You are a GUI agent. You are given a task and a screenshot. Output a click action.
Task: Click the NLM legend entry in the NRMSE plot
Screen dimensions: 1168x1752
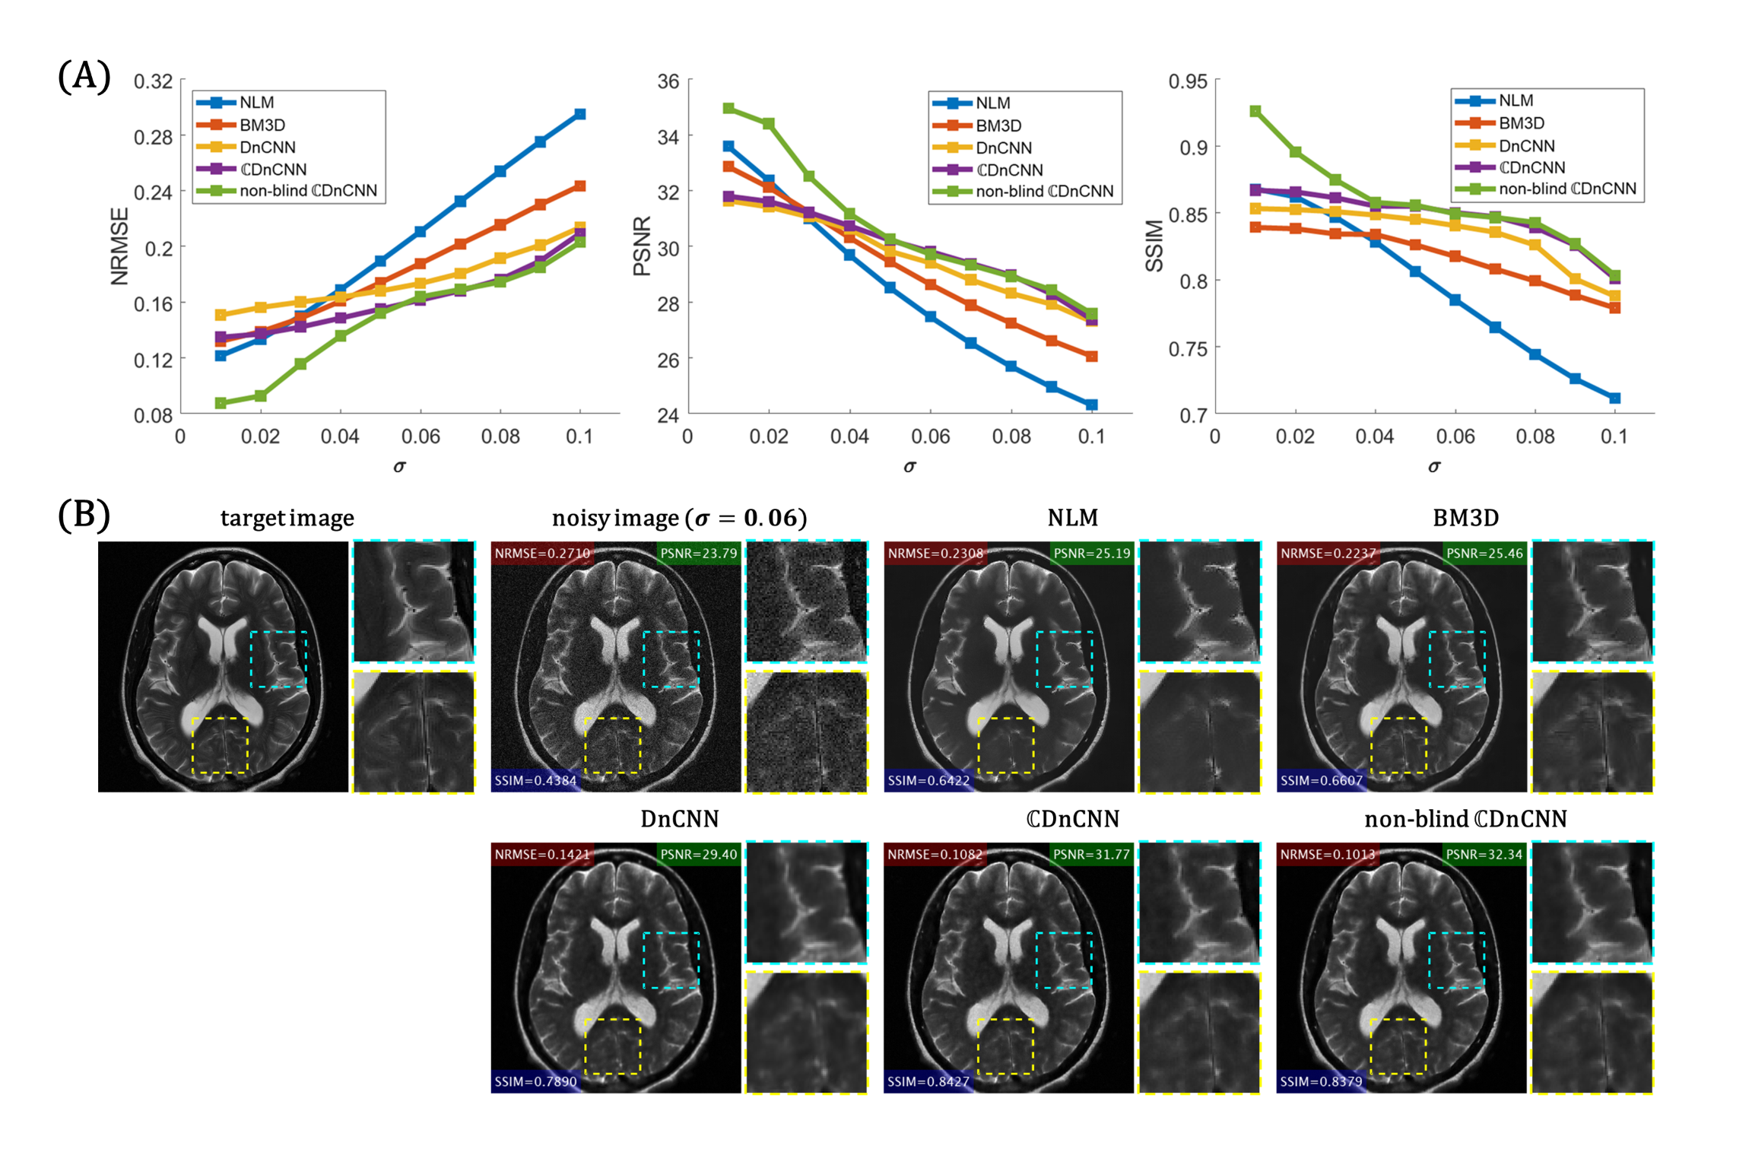point(255,103)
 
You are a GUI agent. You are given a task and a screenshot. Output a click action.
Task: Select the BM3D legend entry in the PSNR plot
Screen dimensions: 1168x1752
point(998,125)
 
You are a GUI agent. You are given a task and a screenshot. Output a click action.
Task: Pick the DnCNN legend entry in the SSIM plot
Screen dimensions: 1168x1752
point(1526,145)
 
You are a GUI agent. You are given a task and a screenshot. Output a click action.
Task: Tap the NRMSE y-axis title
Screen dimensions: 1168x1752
point(120,246)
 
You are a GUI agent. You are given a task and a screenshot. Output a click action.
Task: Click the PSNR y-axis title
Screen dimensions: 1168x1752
point(643,246)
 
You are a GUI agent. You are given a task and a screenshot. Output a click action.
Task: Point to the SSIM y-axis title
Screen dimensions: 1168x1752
point(1154,246)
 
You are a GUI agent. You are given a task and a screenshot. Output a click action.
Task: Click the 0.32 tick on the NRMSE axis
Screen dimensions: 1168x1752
point(154,81)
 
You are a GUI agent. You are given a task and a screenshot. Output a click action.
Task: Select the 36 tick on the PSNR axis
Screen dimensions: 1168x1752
point(668,81)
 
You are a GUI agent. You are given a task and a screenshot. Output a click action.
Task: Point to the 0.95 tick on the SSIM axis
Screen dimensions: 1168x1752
point(1188,81)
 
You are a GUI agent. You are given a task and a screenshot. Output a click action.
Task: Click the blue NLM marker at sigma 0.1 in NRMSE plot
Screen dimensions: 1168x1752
point(580,114)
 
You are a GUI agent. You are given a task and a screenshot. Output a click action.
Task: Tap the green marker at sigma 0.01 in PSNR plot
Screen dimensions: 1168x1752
point(728,108)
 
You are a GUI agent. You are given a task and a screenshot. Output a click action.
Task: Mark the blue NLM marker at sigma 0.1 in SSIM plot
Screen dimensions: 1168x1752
point(1615,398)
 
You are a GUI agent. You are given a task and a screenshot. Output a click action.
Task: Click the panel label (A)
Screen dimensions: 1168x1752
point(84,76)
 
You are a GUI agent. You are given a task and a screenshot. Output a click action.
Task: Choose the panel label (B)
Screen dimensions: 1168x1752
point(84,515)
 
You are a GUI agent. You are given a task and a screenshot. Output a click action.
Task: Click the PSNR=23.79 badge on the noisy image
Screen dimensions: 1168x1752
point(698,554)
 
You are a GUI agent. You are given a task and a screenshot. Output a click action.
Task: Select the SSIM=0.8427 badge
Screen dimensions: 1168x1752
point(928,1081)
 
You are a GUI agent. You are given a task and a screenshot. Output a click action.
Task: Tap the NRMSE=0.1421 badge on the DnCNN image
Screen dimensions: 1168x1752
point(541,855)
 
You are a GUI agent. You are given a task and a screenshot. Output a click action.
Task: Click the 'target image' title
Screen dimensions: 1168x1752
point(287,518)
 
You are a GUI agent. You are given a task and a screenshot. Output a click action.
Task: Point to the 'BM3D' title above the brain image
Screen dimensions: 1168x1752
point(1465,518)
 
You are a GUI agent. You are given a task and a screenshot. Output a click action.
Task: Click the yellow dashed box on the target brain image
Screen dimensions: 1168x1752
point(220,745)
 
